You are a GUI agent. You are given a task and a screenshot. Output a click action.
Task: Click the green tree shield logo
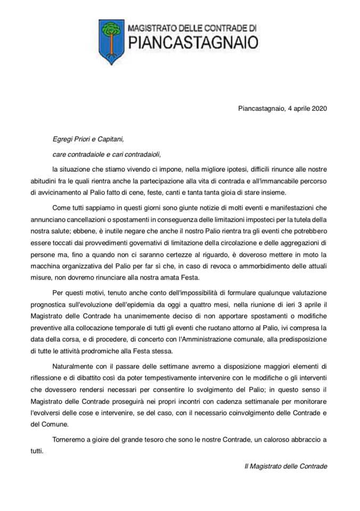pos(111,38)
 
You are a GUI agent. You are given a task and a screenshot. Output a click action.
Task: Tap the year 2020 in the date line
pos(317,108)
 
